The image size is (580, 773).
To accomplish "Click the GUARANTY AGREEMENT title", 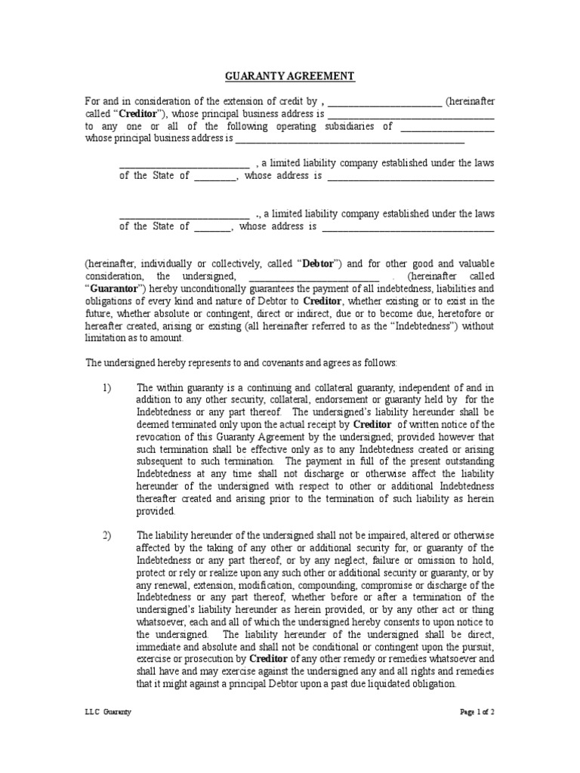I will point(290,77).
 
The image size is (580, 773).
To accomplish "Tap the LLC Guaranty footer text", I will point(107,712).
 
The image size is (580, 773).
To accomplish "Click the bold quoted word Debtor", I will point(319,263).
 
